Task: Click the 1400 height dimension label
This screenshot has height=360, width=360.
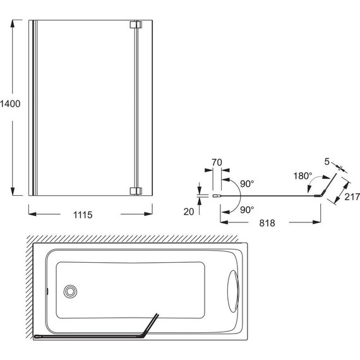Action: click(10, 104)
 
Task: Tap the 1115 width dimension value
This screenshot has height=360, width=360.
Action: click(83, 215)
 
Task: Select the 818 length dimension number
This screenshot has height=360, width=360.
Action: click(267, 223)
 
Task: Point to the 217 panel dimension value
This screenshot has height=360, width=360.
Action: click(352, 197)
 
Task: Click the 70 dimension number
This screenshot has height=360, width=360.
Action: click(217, 162)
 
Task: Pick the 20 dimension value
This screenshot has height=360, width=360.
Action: click(189, 212)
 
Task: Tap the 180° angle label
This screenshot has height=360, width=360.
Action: click(303, 176)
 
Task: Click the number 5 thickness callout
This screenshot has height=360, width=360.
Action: click(327, 162)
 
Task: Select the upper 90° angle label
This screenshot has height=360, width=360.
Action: click(247, 184)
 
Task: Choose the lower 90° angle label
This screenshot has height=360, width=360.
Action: click(247, 210)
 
